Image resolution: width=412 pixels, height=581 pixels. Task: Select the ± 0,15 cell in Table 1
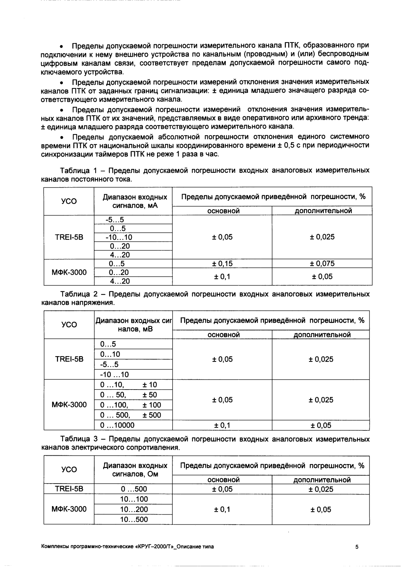pos(222,264)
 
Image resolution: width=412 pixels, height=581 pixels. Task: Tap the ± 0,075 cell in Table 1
pos(322,264)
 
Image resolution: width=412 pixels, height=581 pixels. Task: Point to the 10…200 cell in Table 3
pos(134,509)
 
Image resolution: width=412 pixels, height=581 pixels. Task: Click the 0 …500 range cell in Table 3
pos(134,489)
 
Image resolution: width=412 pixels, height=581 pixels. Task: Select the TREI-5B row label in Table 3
pos(69,489)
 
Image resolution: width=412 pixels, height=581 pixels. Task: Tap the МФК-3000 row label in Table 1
pos(69,272)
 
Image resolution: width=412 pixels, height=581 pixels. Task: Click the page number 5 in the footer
pos(357,547)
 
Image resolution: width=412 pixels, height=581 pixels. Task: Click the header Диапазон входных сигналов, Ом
pos(134,469)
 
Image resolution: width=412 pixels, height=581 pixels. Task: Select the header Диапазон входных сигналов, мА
pos(134,201)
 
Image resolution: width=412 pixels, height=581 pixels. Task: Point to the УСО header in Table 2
pos(69,324)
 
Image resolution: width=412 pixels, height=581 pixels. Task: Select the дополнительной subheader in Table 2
pos(322,335)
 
